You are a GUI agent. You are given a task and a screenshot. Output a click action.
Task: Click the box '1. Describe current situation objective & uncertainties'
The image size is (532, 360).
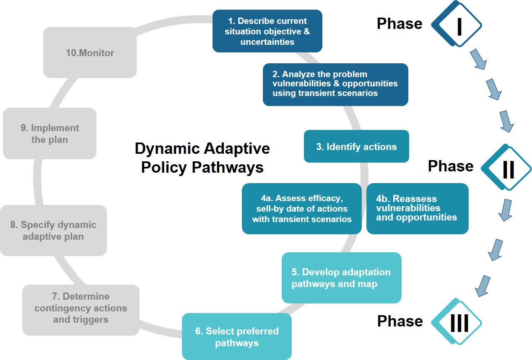point(267,31)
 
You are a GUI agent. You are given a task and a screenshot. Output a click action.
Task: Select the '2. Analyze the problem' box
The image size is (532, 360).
point(335,84)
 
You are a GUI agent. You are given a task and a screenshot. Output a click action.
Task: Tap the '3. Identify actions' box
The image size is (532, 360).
point(356,147)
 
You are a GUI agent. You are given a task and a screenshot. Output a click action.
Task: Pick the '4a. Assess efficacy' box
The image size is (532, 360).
point(301,208)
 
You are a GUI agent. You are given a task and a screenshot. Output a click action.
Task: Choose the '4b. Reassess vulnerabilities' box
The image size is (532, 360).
point(417,208)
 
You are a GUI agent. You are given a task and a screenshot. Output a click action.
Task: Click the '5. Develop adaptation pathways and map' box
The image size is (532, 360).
point(341,278)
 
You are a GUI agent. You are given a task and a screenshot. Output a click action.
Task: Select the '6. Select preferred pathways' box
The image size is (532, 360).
point(236,337)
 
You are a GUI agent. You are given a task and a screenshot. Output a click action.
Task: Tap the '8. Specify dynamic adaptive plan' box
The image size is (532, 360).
point(53,231)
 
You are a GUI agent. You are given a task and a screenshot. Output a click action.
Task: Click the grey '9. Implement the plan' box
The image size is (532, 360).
point(49,134)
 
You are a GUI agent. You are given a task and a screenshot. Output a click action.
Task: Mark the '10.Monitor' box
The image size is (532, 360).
point(90,53)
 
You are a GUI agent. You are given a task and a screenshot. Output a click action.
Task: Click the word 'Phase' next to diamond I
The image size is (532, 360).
point(400,24)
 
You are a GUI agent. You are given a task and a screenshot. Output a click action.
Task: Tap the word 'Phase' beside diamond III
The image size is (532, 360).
point(400,321)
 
